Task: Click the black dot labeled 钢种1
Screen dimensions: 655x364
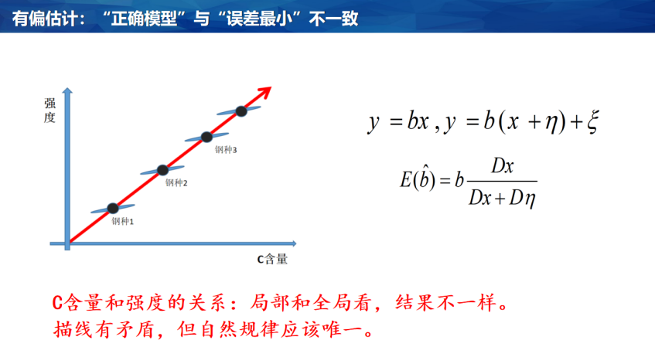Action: click(x=113, y=208)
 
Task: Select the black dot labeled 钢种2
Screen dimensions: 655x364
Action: click(x=162, y=170)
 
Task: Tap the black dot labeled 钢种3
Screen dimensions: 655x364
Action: click(x=206, y=137)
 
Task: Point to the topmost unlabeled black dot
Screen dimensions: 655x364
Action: click(x=241, y=111)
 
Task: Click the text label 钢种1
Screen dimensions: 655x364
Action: click(x=122, y=221)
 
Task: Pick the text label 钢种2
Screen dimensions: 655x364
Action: click(x=176, y=183)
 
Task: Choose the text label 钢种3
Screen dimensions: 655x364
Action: click(x=226, y=149)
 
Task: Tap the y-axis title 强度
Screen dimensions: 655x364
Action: click(x=49, y=111)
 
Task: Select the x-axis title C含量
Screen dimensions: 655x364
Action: click(x=272, y=259)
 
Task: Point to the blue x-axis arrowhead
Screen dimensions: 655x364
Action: click(x=294, y=243)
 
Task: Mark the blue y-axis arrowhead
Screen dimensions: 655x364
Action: click(x=67, y=90)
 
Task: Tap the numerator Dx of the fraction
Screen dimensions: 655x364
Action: click(x=502, y=166)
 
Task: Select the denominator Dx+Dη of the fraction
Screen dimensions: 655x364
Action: click(x=502, y=197)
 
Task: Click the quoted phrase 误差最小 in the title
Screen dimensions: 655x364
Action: click(x=259, y=19)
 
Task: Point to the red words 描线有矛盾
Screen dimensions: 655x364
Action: click(x=104, y=330)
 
